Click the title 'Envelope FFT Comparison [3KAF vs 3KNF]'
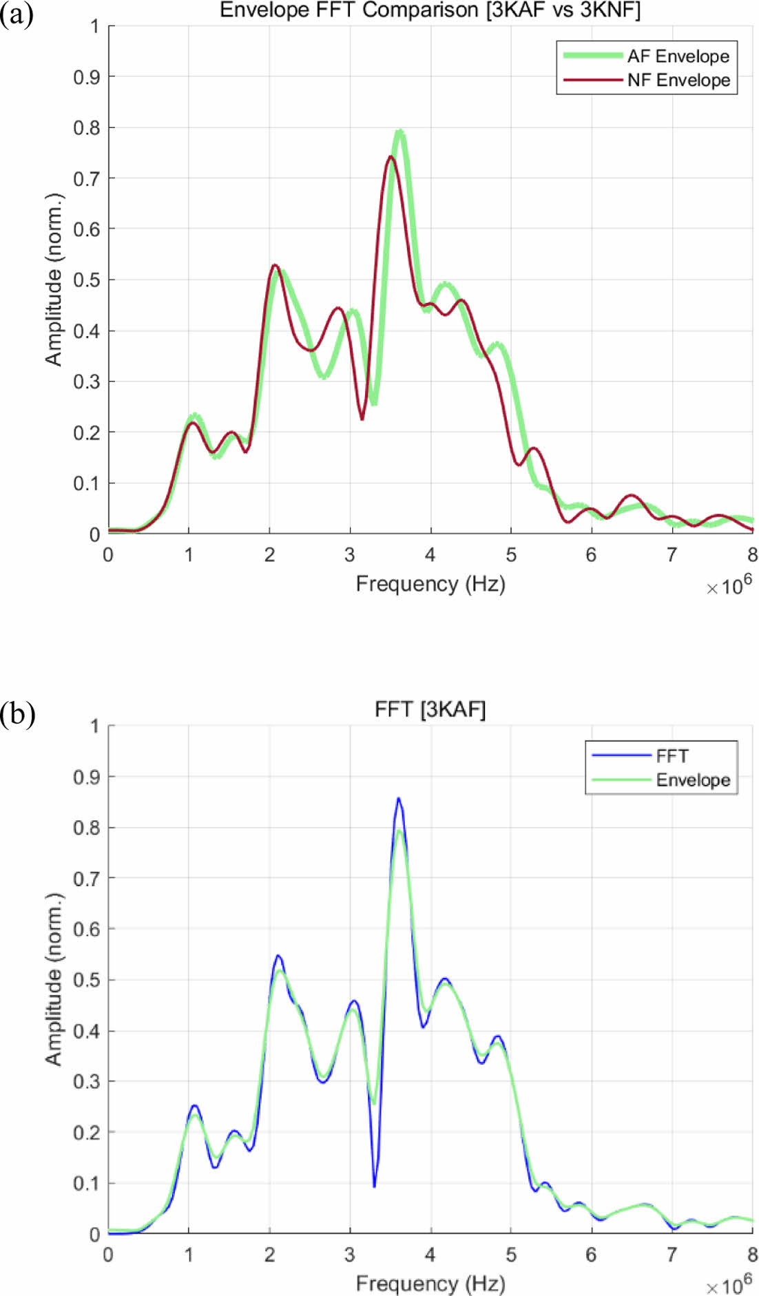(430, 10)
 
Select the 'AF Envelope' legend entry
(678, 56)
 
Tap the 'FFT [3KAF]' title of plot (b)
(430, 709)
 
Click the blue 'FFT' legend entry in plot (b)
(672, 755)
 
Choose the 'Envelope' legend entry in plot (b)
(693, 780)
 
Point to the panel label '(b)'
(17, 714)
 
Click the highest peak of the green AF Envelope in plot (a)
(399, 132)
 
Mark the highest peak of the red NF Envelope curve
(391, 157)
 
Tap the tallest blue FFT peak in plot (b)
(398, 799)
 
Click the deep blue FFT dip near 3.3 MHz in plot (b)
(374, 1186)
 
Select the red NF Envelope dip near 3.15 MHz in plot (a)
(362, 419)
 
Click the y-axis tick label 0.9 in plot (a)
(86, 77)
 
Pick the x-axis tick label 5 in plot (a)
(511, 555)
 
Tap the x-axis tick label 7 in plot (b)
(672, 1255)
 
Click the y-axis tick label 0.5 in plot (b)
(86, 980)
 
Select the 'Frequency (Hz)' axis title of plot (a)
(430, 584)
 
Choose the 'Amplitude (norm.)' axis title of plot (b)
(54, 979)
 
